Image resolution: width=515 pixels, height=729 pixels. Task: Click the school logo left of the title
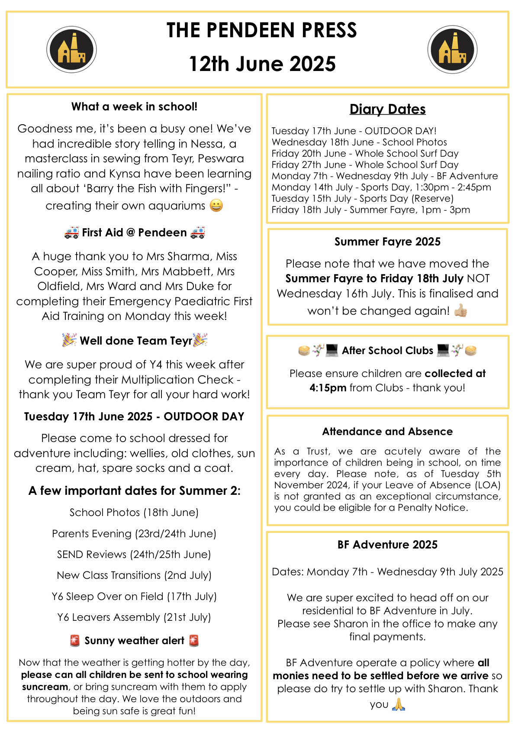click(x=71, y=49)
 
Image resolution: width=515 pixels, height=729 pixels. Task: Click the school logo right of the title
click(x=452, y=49)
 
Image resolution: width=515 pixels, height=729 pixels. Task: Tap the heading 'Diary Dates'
click(x=387, y=109)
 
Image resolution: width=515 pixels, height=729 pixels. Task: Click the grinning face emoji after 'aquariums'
click(x=216, y=205)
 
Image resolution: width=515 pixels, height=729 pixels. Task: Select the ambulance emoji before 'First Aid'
click(x=71, y=232)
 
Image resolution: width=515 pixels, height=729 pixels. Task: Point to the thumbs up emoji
click(x=460, y=310)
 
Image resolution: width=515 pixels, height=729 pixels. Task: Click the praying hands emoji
click(x=399, y=704)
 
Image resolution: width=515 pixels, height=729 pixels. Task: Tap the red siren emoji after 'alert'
click(x=194, y=641)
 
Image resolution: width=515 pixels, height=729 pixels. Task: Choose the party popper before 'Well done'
click(x=69, y=340)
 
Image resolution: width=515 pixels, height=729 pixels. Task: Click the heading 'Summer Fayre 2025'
click(x=387, y=242)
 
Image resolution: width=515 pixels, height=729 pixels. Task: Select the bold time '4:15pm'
click(x=328, y=388)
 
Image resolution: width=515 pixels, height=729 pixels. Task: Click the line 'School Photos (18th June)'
click(x=134, y=513)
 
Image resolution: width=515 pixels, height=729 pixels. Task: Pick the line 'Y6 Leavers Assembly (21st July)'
click(x=134, y=617)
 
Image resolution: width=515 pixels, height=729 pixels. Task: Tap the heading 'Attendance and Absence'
click(x=387, y=432)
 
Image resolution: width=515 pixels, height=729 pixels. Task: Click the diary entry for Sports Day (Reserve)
click(x=362, y=198)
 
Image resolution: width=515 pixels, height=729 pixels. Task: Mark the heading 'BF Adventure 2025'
click(x=387, y=545)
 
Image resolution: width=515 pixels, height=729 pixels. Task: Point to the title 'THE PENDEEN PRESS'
click(x=261, y=30)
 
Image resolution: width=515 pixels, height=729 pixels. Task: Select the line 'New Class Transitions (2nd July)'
click(x=134, y=575)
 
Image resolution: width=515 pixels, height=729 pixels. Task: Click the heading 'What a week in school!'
click(x=134, y=106)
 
